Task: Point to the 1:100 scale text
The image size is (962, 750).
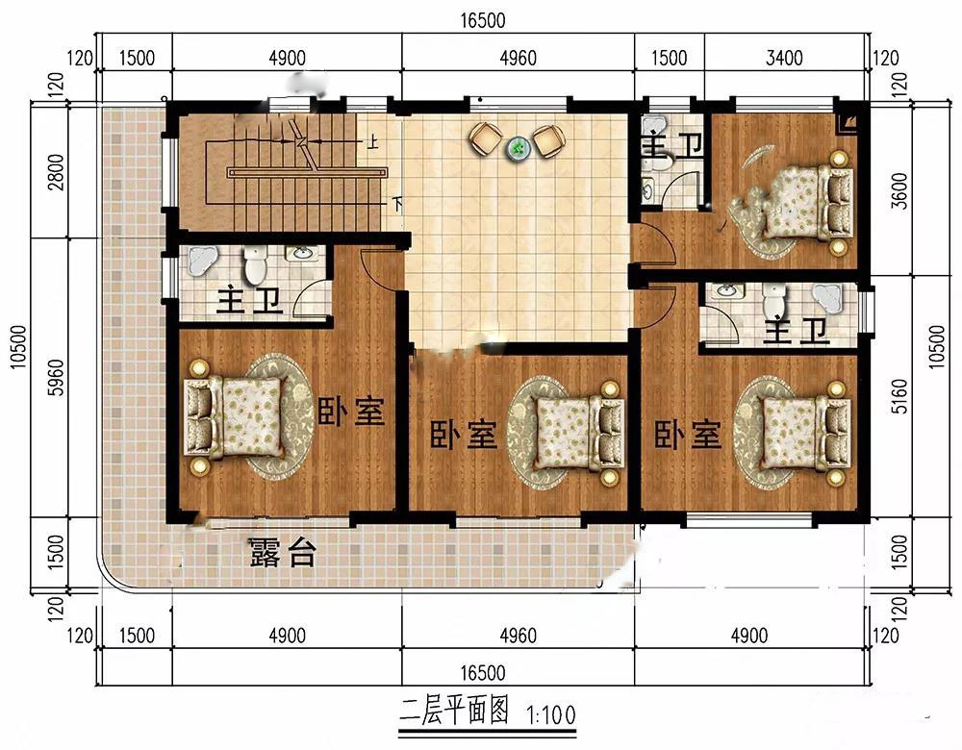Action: click(551, 715)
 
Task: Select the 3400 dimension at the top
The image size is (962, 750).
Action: click(784, 59)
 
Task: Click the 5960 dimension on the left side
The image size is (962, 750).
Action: click(56, 377)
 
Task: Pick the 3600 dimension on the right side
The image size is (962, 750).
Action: click(899, 190)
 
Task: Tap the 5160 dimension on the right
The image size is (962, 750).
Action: click(899, 396)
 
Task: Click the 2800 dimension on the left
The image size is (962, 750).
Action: click(56, 172)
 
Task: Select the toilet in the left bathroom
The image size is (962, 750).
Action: click(254, 263)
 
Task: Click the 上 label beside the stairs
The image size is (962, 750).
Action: click(371, 143)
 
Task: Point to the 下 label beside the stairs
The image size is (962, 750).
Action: click(397, 203)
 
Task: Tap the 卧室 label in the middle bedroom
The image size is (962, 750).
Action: click(464, 435)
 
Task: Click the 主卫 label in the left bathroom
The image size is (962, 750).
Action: click(249, 300)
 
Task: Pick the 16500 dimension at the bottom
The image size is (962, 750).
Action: click(483, 673)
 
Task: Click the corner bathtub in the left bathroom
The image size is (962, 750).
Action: click(201, 262)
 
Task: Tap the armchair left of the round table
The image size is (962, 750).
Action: click(485, 138)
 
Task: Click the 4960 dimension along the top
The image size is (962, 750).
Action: click(518, 59)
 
